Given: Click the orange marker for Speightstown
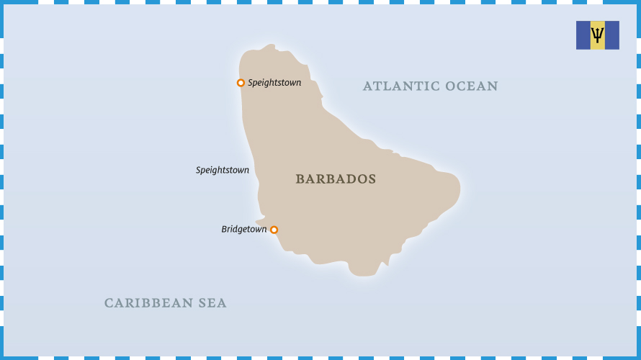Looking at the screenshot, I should (241, 83).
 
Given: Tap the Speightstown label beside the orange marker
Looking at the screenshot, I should (274, 83).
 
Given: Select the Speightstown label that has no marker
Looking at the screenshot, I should (223, 171).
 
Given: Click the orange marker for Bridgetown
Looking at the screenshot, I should (274, 230).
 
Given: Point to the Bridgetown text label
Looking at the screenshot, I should (243, 230).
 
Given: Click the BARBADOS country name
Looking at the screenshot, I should (336, 179).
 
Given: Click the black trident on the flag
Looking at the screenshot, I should (597, 35).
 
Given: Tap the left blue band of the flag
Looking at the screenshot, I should (583, 35).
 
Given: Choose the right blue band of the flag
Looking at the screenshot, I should (611, 35).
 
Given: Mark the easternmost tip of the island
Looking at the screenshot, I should (460, 189).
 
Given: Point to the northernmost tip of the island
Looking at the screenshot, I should (271, 45).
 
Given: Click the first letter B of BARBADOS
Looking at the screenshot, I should (300, 179).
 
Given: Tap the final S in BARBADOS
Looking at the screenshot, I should (372, 179).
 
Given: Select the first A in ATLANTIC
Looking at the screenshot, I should (367, 86).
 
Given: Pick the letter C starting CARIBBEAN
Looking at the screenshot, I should (109, 303).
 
